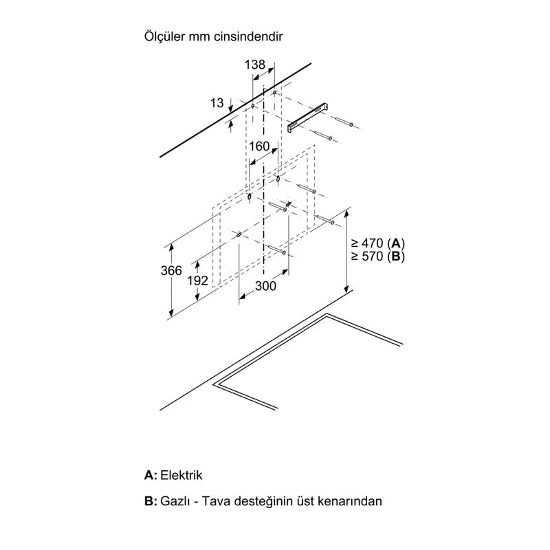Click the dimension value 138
pos(255,65)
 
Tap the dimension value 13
pos(217,102)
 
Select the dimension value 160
pos(259,146)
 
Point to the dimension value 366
pos(171,270)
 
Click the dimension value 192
pos(197,280)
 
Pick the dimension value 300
pos(265,286)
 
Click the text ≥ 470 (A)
pos(377,243)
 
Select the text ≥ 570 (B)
pos(377,256)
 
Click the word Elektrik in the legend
pos(181,475)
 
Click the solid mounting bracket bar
pos(308,118)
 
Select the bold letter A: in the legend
pos(151,475)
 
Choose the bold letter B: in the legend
pos(151,501)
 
